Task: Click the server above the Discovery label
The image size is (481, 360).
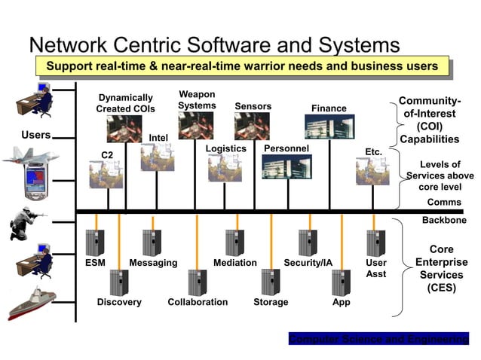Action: click(x=118, y=282)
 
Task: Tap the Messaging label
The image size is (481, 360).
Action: click(x=153, y=263)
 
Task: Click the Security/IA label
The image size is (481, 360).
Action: click(x=308, y=263)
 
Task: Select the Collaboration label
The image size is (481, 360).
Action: click(x=198, y=302)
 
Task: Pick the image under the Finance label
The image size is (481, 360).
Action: click(x=329, y=126)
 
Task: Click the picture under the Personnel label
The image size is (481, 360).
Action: click(x=286, y=166)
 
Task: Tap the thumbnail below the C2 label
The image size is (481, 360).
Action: click(x=106, y=173)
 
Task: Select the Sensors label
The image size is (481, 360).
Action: click(x=253, y=106)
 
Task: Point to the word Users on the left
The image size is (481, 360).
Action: click(x=35, y=135)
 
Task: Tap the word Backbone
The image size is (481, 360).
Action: click(x=443, y=220)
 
